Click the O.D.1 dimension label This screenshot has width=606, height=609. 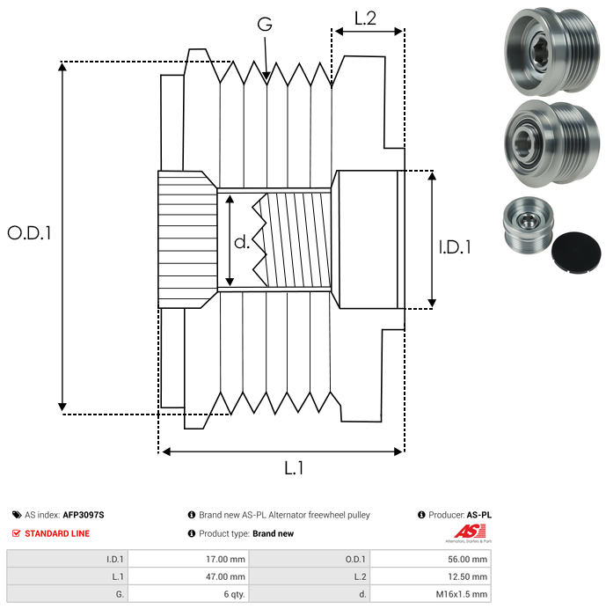[30, 233]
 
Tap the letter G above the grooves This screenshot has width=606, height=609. [265, 25]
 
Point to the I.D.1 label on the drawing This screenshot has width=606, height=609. [455, 247]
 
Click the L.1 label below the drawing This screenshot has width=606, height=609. [294, 469]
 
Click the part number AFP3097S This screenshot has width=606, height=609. [89, 515]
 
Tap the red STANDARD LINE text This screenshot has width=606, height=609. [57, 533]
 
